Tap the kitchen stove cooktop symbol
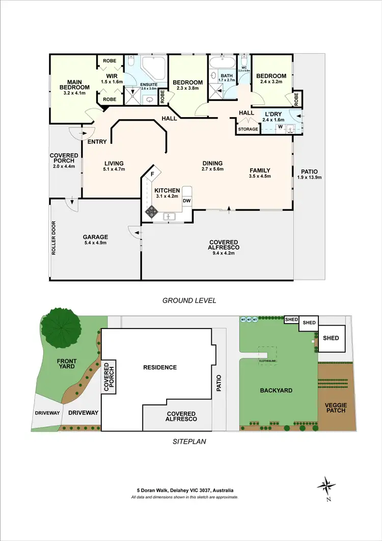(x=151, y=211)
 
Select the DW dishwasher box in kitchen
(x=186, y=201)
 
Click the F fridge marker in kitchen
(x=151, y=174)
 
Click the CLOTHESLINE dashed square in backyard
(x=267, y=354)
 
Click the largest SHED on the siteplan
(x=331, y=338)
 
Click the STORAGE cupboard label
(x=248, y=129)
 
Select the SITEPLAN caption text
(x=189, y=441)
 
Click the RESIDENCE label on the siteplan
(x=160, y=367)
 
